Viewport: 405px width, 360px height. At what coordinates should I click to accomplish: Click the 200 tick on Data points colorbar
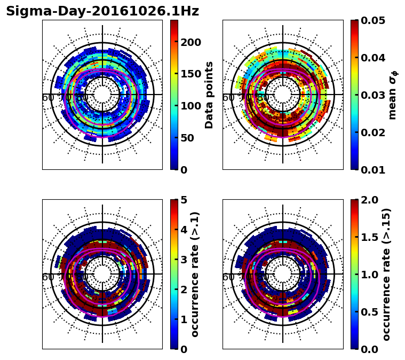(190, 42)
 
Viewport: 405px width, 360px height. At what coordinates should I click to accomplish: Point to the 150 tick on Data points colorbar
(190, 74)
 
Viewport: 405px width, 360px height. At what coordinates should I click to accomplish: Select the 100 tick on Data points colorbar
(190, 106)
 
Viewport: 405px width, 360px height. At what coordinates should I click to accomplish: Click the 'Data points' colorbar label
(209, 95)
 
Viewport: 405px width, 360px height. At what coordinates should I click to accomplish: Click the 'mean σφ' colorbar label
(393, 95)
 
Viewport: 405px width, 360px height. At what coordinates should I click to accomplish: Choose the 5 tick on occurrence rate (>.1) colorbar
(184, 200)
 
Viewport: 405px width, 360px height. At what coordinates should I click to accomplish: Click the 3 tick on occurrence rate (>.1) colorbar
(184, 260)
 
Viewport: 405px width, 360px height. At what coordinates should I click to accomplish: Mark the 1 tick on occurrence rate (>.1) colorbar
(184, 319)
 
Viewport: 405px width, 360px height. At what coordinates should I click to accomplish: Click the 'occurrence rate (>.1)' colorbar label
(195, 274)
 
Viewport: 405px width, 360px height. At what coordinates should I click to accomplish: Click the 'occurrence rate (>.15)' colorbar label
(387, 274)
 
